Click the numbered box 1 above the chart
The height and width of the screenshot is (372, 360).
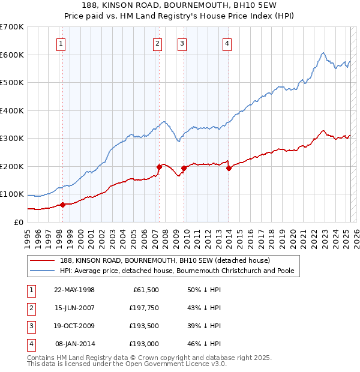click(62, 43)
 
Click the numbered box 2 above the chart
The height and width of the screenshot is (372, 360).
click(157, 43)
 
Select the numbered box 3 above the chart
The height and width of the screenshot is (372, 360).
click(181, 43)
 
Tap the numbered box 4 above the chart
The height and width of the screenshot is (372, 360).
click(227, 43)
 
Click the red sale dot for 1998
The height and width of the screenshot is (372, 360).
click(62, 205)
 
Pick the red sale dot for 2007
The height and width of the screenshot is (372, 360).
click(159, 167)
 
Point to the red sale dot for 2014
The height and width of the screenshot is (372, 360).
click(229, 169)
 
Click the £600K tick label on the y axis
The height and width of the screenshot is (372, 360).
click(12, 55)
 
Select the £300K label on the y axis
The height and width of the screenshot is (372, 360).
click(12, 139)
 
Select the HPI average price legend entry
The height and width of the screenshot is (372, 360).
click(176, 271)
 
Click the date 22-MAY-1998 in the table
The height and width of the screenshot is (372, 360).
click(74, 290)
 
